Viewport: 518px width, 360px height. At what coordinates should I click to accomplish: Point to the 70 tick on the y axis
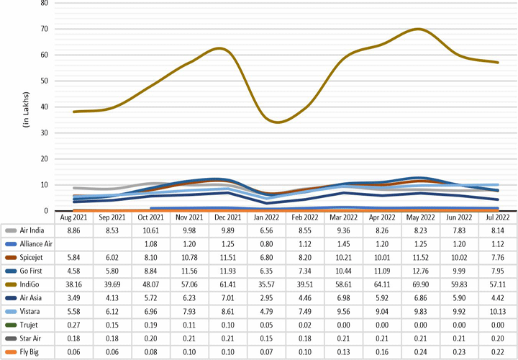(44, 29)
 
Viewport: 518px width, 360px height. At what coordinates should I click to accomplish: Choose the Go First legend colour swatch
(10, 271)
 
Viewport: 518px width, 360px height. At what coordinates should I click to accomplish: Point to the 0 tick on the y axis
(46, 211)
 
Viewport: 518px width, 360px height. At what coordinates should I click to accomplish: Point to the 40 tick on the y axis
(44, 107)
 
